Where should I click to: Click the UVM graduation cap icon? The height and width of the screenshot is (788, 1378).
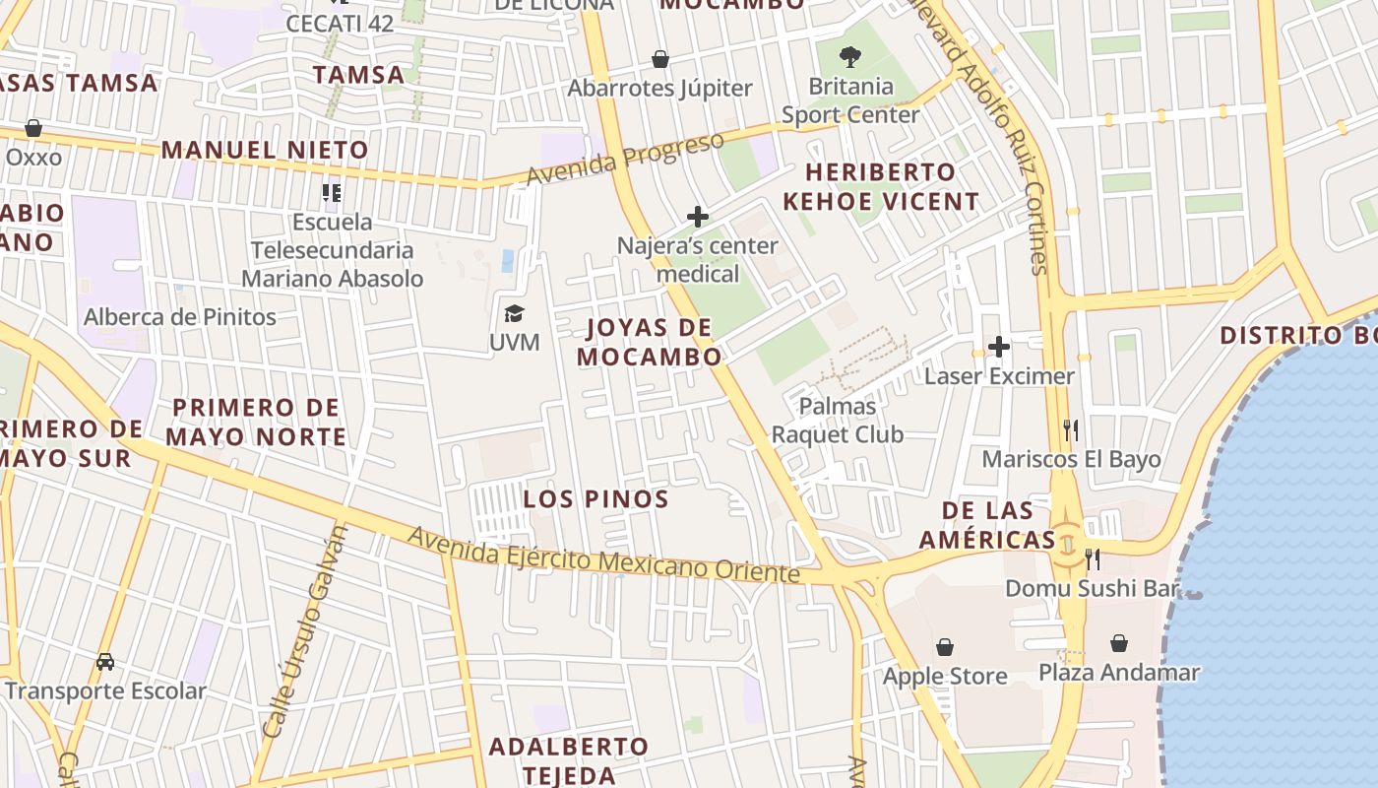point(514,314)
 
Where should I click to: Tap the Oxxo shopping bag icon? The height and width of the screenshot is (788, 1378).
point(33,128)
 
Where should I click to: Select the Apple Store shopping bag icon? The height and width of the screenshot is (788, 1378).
point(945,647)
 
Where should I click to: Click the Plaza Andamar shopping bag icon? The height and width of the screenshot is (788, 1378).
point(1119,644)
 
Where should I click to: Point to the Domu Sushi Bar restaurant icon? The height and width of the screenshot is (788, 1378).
point(1093,559)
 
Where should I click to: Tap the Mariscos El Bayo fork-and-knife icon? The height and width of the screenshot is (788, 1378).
point(1071,429)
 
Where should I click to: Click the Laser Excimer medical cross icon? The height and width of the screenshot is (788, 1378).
point(999,347)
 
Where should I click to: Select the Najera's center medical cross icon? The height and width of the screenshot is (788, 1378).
point(698,216)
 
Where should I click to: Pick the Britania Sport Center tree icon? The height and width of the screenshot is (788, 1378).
point(850,57)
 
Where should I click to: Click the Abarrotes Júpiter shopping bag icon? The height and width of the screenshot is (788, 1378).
point(660,59)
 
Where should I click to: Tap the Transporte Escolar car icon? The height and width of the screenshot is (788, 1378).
point(105,662)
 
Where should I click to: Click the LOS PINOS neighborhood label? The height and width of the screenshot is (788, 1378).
point(596,499)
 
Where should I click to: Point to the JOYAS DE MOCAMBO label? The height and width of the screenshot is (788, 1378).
point(650,343)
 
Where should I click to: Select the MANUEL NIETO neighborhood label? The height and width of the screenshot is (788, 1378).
point(265,151)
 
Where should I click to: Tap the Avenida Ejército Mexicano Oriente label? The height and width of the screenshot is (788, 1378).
point(603,554)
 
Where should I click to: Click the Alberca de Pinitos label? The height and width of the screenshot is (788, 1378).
point(180,317)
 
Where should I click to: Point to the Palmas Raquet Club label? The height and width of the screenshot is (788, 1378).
point(838,420)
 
